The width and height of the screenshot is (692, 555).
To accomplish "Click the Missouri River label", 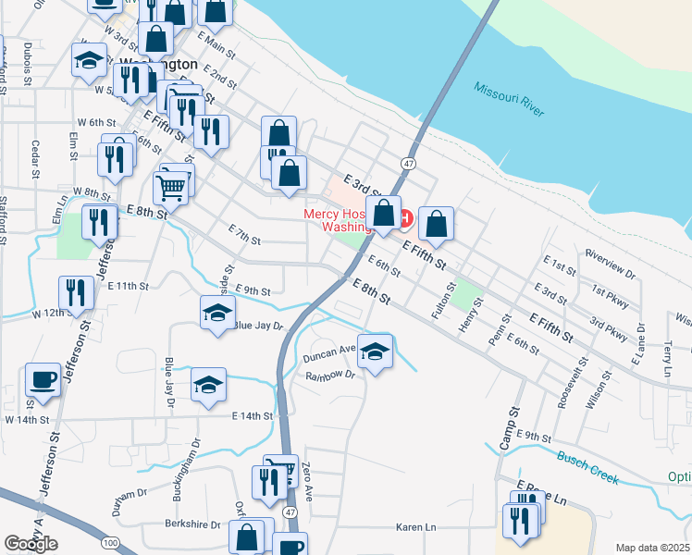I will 510,103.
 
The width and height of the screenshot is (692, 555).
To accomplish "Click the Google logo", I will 31,544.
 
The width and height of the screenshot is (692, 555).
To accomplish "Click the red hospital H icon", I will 403,218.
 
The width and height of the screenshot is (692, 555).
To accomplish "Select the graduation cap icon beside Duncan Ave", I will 375,351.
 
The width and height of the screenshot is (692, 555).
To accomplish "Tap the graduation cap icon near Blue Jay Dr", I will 217,313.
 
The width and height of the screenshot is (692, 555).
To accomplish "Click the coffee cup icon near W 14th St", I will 43,378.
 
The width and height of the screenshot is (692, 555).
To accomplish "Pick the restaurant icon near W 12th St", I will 74,292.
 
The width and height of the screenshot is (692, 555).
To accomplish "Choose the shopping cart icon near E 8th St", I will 171,189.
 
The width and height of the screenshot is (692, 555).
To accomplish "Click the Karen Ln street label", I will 415,527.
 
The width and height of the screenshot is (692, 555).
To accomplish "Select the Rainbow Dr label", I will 330,375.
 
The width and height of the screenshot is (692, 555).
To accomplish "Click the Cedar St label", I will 35,159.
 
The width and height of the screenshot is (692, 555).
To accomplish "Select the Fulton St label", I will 443,302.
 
